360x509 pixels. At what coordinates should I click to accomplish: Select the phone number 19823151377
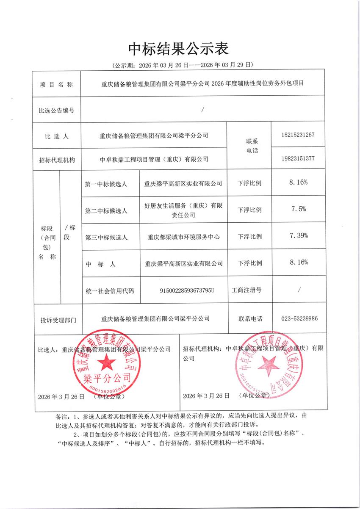point(297,158)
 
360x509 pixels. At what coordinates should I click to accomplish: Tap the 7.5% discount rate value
point(298,209)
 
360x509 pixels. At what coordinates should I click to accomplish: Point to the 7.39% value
point(298,235)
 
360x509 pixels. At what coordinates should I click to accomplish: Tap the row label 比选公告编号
point(56,111)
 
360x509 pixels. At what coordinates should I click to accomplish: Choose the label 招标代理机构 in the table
point(56,159)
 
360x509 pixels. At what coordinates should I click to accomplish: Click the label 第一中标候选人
point(106,183)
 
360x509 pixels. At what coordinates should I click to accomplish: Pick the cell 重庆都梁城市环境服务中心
point(183,237)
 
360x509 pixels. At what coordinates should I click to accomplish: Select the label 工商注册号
point(246,290)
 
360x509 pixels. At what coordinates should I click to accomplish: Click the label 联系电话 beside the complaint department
point(250,319)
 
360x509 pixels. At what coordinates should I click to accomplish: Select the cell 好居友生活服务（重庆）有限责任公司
point(183,210)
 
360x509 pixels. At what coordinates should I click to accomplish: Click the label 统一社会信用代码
point(110,290)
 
